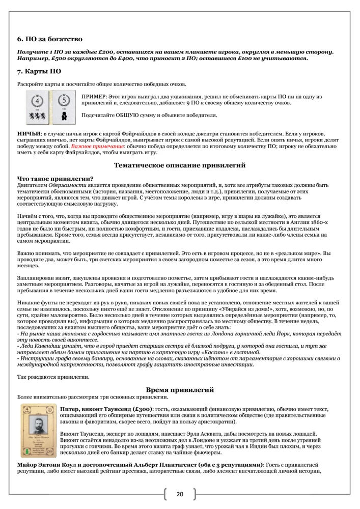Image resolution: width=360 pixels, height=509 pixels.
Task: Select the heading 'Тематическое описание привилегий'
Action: point(180,165)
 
